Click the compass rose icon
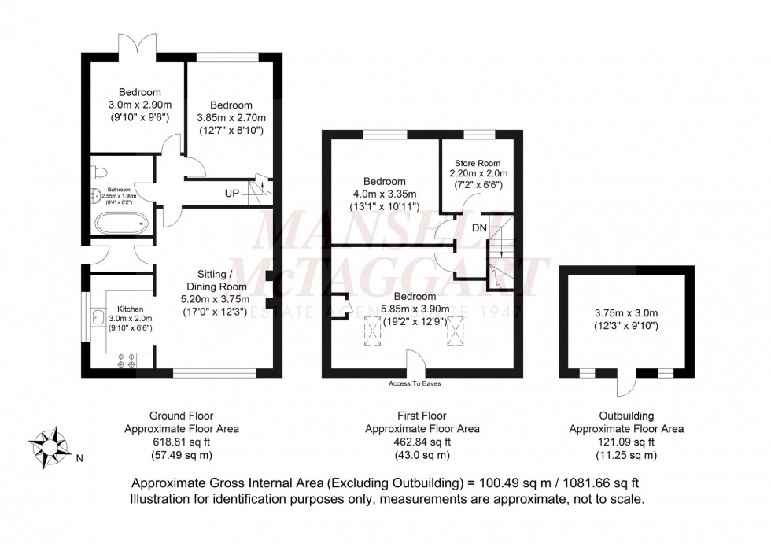click(x=51, y=446)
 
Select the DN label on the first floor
click(x=480, y=227)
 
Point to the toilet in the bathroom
click(x=100, y=172)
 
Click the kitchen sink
click(x=99, y=318)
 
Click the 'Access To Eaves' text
click(x=415, y=383)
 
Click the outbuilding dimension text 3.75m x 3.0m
click(x=627, y=312)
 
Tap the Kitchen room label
click(x=131, y=309)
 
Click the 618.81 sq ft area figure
click(x=181, y=442)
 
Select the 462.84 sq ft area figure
click(x=422, y=442)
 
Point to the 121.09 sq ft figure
click(x=626, y=442)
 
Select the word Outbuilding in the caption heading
click(x=626, y=416)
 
